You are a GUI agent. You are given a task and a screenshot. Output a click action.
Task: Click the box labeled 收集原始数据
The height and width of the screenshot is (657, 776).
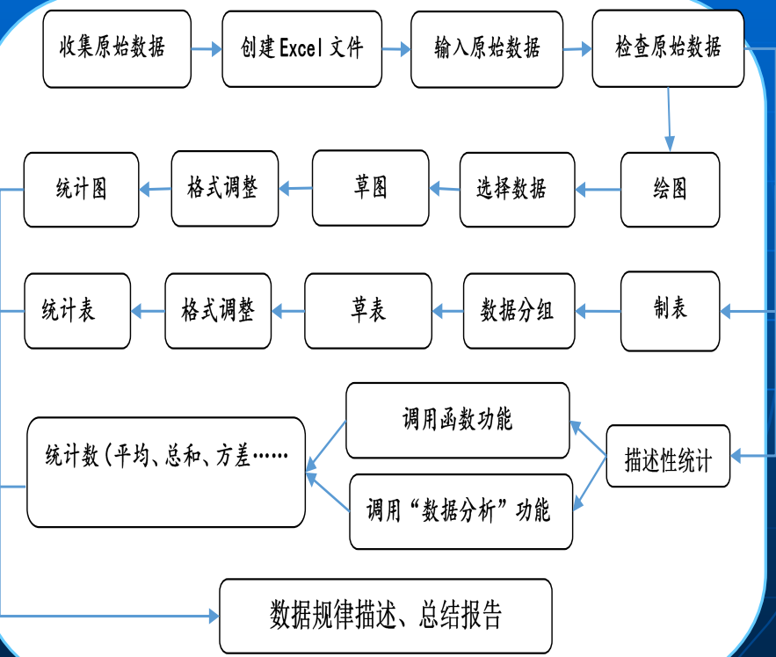click(117, 49)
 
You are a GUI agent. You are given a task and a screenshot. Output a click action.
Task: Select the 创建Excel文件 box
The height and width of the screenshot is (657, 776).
click(301, 49)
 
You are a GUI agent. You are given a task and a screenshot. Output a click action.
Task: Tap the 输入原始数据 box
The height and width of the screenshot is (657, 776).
click(486, 49)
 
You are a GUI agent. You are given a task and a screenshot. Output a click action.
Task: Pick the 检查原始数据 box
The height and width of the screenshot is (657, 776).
click(668, 49)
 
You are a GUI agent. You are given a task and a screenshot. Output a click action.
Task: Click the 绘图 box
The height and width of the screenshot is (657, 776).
click(670, 190)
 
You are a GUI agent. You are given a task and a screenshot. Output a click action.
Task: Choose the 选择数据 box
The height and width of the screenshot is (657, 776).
click(517, 190)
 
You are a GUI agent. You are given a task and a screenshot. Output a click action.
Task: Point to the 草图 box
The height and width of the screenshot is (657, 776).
click(370, 188)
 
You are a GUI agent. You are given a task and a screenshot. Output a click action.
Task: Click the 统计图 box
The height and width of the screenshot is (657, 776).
click(81, 190)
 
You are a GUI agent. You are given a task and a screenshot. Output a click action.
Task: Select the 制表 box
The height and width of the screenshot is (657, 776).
click(670, 310)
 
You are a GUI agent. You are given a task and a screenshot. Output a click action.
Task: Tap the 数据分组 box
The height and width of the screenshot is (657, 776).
click(519, 311)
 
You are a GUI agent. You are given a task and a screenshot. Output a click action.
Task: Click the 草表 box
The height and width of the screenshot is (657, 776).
click(368, 311)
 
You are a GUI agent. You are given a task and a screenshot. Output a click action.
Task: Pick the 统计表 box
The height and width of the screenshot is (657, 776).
click(76, 311)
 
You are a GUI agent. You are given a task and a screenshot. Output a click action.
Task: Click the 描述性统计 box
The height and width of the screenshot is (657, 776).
click(668, 456)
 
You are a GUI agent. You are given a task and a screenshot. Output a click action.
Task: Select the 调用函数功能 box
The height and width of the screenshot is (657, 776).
click(457, 420)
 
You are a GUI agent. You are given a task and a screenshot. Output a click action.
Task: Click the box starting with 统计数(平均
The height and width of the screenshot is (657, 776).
click(166, 473)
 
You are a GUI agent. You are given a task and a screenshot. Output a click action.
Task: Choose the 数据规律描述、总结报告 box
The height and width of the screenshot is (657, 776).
click(385, 615)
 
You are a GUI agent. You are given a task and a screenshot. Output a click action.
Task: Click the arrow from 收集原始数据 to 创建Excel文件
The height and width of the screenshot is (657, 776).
click(207, 50)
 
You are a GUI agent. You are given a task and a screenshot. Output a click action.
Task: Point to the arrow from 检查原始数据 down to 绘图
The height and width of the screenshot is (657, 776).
click(669, 119)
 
